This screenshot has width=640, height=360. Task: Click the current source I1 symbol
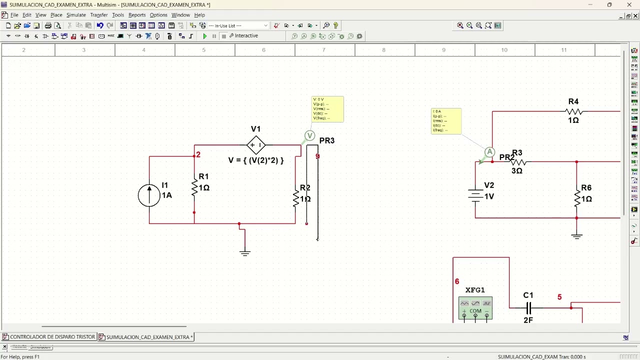(149, 195)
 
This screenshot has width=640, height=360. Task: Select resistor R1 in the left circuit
(194, 187)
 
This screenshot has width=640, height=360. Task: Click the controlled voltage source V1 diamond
(256, 145)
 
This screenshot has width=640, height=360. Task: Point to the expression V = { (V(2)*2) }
(256, 160)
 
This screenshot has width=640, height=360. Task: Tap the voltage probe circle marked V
(309, 135)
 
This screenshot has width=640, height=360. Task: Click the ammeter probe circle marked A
(489, 152)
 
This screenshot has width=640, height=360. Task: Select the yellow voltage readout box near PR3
(327, 109)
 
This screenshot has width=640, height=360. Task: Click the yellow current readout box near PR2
(446, 121)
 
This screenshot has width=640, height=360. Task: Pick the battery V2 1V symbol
(475, 195)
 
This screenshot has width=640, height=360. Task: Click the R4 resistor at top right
(574, 111)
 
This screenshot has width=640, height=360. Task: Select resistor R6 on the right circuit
(577, 198)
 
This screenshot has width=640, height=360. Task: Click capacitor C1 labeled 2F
(528, 308)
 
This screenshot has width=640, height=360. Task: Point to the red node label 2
(198, 154)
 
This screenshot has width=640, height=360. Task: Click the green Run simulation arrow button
(204, 36)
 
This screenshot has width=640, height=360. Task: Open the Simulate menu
(76, 15)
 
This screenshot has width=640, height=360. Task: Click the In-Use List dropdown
(238, 25)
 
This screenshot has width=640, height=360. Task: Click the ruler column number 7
(323, 50)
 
